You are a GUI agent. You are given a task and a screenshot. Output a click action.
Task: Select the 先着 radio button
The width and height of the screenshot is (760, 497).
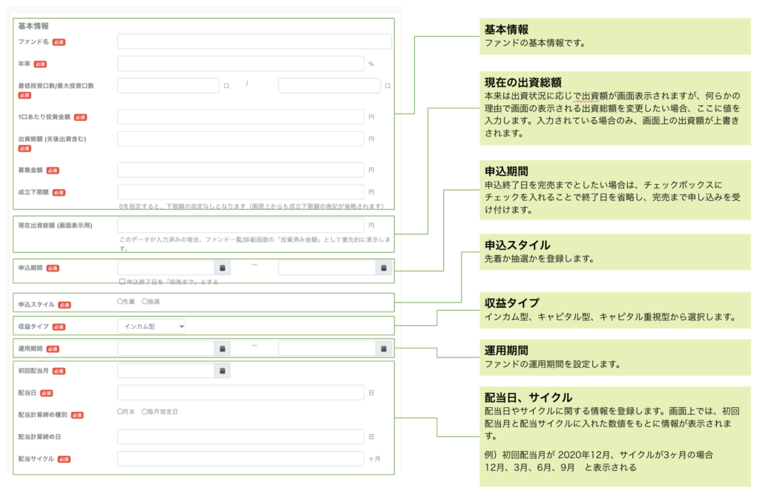pos(120,302)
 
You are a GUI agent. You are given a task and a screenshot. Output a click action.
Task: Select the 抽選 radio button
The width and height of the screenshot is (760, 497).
pos(145,302)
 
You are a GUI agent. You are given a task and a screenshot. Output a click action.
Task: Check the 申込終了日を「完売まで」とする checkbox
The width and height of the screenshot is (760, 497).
pos(122,282)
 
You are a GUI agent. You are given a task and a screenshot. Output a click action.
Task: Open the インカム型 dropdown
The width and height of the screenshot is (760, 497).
pos(151,326)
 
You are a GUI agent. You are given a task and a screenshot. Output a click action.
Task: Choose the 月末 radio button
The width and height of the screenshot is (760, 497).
pos(120,411)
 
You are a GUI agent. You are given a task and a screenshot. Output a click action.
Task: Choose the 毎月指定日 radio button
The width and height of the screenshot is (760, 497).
pos(145,411)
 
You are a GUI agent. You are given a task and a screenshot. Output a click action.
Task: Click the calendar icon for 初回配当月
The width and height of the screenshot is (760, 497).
pos(223,370)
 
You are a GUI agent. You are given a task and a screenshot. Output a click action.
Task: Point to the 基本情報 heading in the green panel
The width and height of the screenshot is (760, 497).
pos(507,30)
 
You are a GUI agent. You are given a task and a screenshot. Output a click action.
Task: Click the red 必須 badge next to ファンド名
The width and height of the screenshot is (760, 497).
pos(59,42)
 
